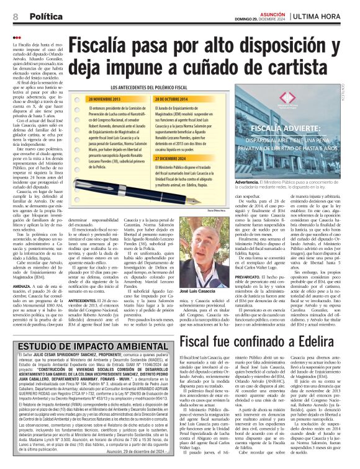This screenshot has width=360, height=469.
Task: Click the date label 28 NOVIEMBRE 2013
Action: coord(106,99)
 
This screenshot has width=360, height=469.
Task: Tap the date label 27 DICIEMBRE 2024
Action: coord(178,158)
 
